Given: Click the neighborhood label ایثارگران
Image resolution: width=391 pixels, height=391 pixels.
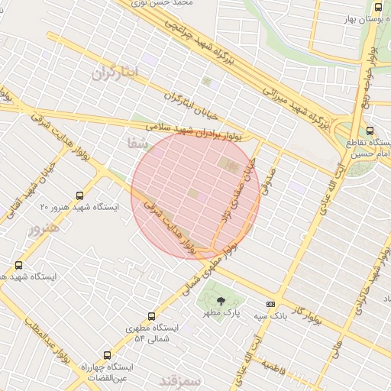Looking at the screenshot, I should coord(116,73).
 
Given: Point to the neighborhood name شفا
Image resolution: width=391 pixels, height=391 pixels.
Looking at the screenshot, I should coord(139,142).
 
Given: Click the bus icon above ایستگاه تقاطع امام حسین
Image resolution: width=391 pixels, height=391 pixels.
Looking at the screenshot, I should coord(370,131).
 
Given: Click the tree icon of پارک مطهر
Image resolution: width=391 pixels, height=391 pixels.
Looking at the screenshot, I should coord(221,300).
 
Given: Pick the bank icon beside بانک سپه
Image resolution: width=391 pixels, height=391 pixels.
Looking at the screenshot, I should coord(270,303).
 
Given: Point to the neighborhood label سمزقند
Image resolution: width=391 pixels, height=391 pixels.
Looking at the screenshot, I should coord(180,380).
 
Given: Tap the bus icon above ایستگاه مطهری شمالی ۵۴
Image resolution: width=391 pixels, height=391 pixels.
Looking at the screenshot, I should coord(150,315).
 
